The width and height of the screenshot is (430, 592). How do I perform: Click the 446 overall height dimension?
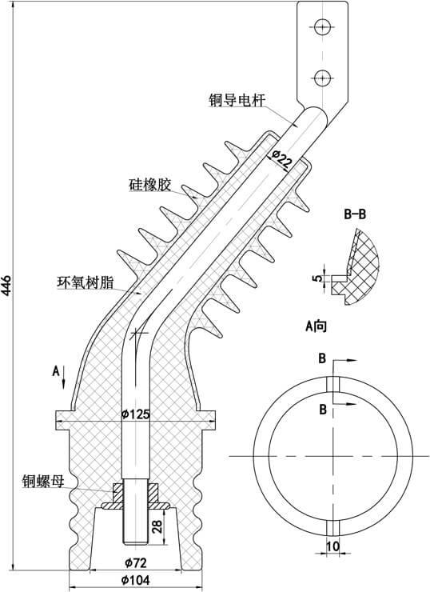7,285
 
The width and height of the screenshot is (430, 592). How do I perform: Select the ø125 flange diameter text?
135,414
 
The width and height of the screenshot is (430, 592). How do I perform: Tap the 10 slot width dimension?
334,546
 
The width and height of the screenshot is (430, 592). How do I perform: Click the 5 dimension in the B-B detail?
317,278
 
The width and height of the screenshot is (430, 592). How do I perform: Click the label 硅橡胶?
149,186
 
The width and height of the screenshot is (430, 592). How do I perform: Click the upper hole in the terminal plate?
322,26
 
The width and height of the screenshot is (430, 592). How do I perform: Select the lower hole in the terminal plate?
322,78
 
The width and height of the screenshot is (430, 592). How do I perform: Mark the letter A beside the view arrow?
55,370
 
